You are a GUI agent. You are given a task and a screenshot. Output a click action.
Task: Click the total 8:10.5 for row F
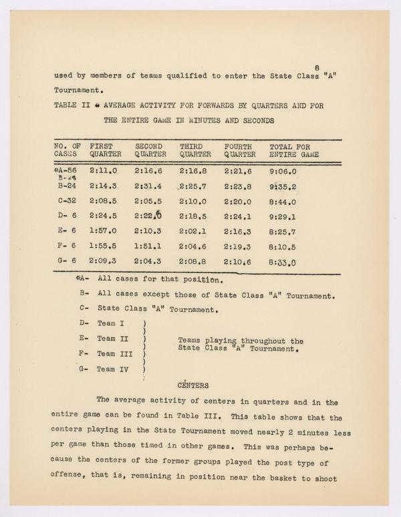[283, 247]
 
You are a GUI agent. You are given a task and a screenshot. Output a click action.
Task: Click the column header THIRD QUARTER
[195, 150]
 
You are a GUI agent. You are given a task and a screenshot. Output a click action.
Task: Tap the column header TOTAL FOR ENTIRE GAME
[293, 150]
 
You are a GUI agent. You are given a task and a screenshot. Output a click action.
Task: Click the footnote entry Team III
[114, 353]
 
